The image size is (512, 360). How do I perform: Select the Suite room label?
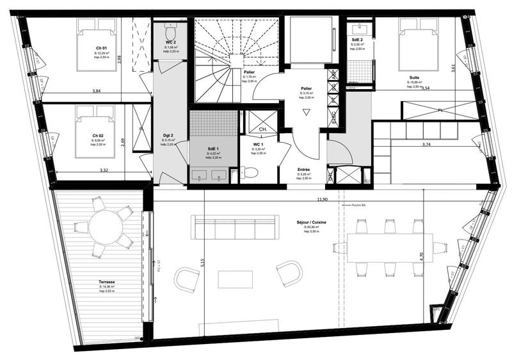point(415,78)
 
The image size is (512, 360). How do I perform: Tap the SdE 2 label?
point(358,40)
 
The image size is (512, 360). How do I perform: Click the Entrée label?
point(304,170)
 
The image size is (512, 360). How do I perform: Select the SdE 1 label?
point(213,148)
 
